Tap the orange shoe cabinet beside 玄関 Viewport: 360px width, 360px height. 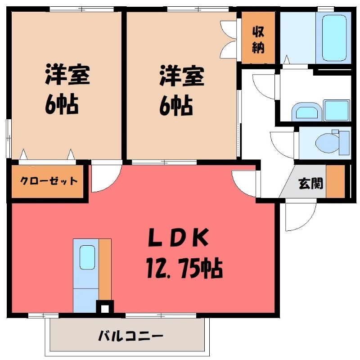(x=334, y=182)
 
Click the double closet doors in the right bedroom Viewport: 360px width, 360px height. (x=229, y=38)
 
